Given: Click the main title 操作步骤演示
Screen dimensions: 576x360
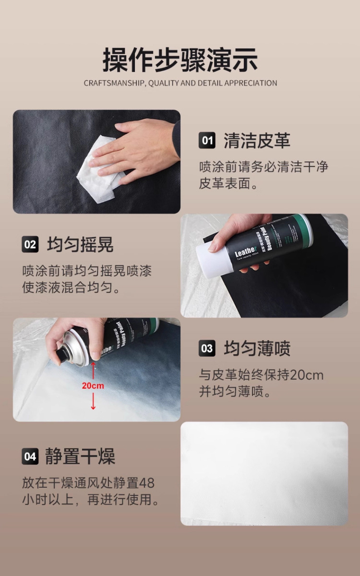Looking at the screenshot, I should [x=180, y=60].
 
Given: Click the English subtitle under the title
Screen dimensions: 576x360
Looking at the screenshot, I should [x=180, y=83].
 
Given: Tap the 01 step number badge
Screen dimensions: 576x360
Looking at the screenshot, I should [x=207, y=141].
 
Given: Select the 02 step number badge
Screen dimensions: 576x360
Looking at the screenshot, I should [x=30, y=245].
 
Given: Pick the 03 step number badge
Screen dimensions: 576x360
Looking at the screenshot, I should [x=207, y=348].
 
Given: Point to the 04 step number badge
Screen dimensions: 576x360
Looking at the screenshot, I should [x=30, y=456].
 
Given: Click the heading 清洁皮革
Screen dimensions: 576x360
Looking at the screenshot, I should [x=257, y=141].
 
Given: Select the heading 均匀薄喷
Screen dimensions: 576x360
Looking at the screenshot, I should [x=257, y=348].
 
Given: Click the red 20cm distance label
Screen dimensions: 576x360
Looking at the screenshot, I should [x=93, y=385].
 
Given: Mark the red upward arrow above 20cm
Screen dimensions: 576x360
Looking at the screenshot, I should [x=93, y=371].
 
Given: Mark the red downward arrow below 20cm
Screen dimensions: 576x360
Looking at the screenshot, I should [x=93, y=401].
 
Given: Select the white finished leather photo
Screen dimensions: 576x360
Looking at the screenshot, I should [x=264, y=473].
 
